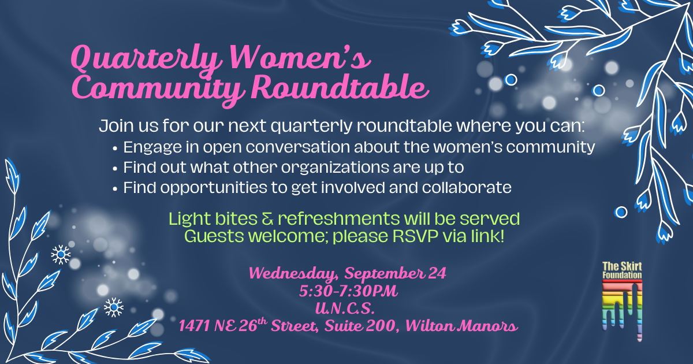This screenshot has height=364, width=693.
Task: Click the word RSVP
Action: (407, 236)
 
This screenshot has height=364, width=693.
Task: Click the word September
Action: (382, 273)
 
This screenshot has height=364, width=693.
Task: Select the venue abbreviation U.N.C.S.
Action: (347, 308)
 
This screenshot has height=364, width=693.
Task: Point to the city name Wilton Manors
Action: (461, 326)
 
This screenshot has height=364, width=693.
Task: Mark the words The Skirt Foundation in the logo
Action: (622, 270)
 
